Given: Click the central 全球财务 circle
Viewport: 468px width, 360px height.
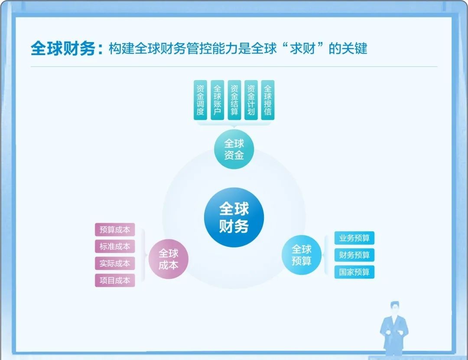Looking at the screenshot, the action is click(x=234, y=217).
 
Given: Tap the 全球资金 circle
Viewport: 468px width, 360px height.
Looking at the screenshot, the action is click(x=234, y=149).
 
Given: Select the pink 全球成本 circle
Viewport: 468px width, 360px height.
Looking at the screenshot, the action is click(x=168, y=259).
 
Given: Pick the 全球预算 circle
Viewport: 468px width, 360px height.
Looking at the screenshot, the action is click(x=302, y=255).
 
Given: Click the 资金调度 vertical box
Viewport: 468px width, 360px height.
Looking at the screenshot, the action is click(x=200, y=100).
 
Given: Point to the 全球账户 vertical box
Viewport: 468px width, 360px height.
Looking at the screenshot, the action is click(x=217, y=100).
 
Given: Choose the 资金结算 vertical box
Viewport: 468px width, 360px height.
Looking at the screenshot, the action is click(x=234, y=100).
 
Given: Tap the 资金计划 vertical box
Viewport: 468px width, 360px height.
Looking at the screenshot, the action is click(x=251, y=100).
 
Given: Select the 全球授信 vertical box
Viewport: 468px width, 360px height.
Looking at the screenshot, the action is click(x=268, y=100).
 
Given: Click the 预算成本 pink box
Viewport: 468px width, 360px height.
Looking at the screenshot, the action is click(x=115, y=230).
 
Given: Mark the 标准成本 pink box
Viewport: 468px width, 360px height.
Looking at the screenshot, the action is click(x=115, y=246).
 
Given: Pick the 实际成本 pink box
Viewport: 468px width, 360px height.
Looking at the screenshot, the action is click(x=115, y=263).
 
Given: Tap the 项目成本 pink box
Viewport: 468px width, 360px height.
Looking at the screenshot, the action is click(x=115, y=280).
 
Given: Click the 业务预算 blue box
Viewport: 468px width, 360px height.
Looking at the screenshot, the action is click(x=354, y=238).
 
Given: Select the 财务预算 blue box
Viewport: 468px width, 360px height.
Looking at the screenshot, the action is click(x=354, y=255).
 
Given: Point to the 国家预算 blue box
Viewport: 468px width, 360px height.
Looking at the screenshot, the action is click(x=354, y=272).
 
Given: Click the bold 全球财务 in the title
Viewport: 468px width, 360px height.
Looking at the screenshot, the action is click(x=63, y=49).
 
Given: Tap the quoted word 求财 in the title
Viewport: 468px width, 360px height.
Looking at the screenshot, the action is click(x=302, y=49).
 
